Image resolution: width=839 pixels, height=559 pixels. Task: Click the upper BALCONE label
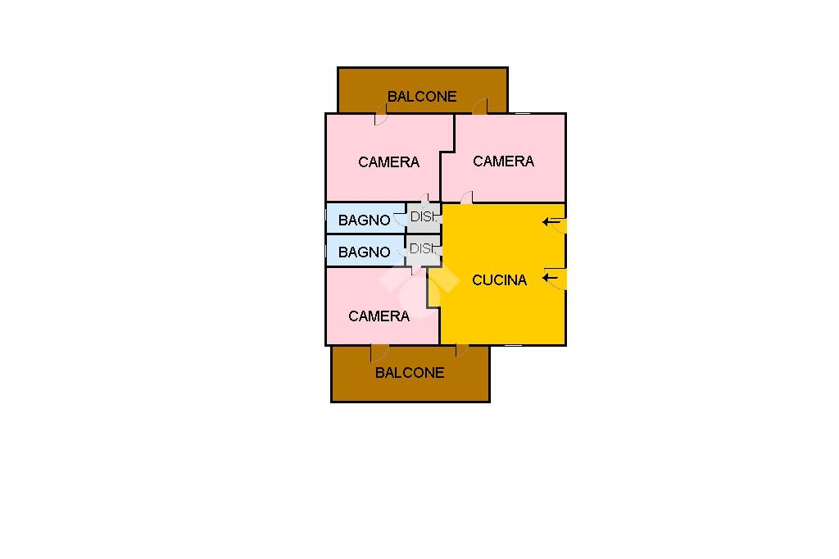(422, 96)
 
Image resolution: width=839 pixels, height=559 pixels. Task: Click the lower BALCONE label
(410, 372)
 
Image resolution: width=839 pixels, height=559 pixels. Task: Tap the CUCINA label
(499, 279)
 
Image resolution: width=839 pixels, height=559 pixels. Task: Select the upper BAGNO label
(364, 220)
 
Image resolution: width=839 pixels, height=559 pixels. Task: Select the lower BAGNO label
(364, 252)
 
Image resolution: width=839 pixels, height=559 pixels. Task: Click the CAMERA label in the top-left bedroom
(388, 161)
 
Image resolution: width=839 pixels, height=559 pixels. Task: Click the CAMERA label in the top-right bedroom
(503, 161)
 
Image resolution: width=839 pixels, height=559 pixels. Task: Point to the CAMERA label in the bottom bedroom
(379, 316)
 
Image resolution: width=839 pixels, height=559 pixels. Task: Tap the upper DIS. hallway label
(424, 217)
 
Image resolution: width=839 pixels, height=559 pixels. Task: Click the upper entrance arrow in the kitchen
(551, 221)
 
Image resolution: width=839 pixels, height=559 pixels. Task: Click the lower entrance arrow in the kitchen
(551, 279)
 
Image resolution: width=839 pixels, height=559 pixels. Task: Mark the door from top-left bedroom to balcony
(381, 118)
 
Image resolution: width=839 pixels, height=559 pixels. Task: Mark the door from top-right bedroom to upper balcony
(480, 107)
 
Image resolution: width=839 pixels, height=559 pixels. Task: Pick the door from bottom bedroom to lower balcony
(378, 353)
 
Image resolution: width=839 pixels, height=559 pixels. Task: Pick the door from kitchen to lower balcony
(462, 351)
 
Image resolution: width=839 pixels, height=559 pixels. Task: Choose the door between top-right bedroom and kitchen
(467, 198)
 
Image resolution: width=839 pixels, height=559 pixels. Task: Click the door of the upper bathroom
(401, 218)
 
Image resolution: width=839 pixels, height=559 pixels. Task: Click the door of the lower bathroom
(401, 252)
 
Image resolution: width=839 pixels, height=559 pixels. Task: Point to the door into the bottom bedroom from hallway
(416, 269)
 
